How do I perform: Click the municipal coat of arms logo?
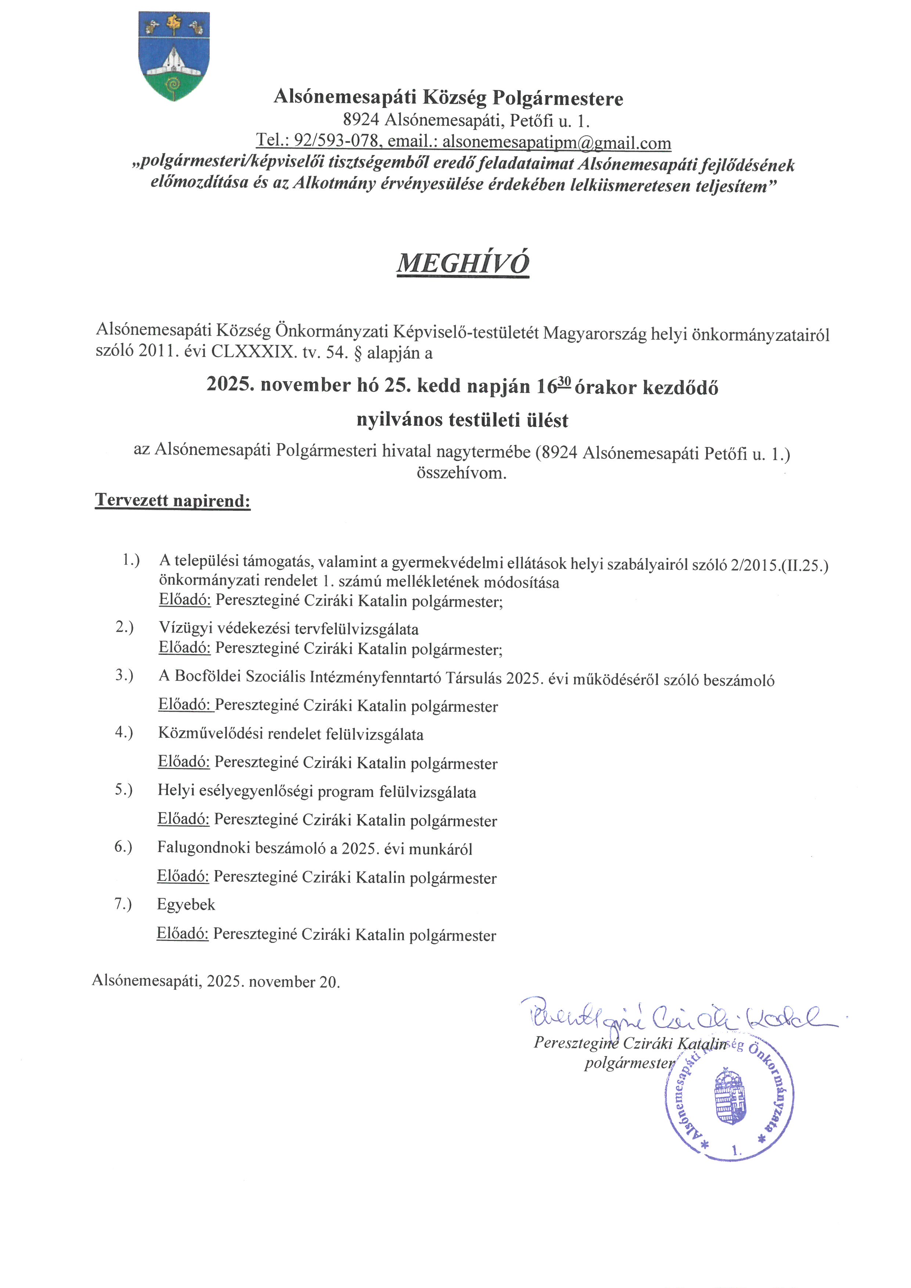[x=174, y=56]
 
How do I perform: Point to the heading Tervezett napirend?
[x=173, y=500]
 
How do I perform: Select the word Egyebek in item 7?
[x=186, y=904]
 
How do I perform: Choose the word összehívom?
[x=461, y=473]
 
